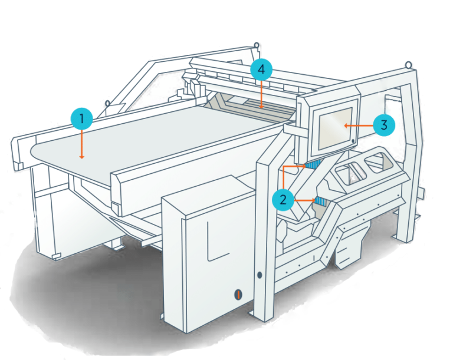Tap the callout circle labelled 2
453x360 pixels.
[x=283, y=200]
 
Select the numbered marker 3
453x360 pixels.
[x=383, y=125]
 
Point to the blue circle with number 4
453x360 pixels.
[x=261, y=70]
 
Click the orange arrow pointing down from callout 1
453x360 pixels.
[x=83, y=144]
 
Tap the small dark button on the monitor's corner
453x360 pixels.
[x=353, y=141]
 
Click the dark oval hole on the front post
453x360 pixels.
[x=260, y=275]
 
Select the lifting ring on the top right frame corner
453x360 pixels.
[x=408, y=63]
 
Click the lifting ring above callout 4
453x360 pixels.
[x=256, y=45]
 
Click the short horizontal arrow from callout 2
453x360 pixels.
[x=304, y=200]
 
